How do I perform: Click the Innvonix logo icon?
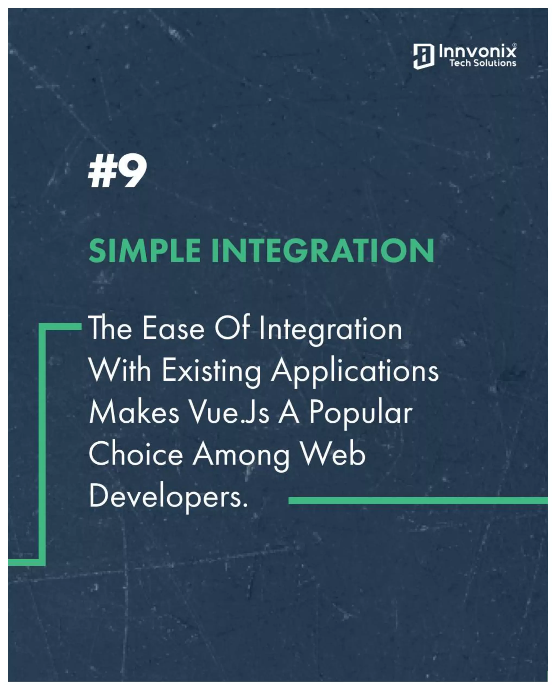pos(423,56)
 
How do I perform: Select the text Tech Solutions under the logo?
pos(482,63)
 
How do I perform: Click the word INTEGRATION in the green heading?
pos(322,251)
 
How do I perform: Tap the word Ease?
pos(173,329)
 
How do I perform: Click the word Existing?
pos(211,371)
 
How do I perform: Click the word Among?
pos(241,455)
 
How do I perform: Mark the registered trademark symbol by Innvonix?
pos(514,45)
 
